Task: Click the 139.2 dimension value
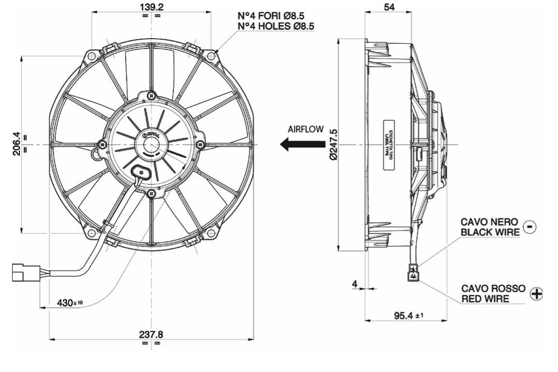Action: (152, 7)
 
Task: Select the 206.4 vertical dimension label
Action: (15, 144)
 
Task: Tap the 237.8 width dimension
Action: (152, 334)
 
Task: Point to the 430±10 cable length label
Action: (70, 303)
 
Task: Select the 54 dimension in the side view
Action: (388, 7)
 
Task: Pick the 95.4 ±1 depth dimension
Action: (408, 316)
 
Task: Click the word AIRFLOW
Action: (306, 130)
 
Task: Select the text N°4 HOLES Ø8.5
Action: (276, 27)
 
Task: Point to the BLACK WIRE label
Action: (490, 232)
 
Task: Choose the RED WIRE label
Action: (485, 299)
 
